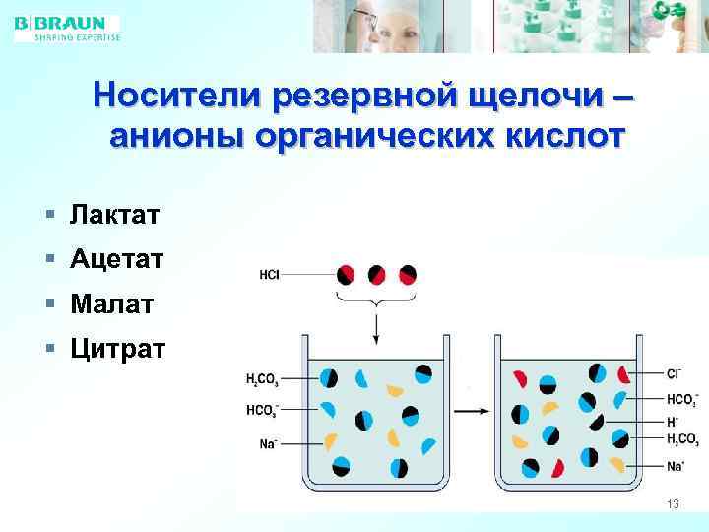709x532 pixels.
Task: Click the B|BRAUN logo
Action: (x=67, y=28)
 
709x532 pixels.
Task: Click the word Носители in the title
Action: (x=179, y=97)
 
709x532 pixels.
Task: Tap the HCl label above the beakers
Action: (x=269, y=275)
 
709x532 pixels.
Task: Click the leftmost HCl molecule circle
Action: (x=347, y=275)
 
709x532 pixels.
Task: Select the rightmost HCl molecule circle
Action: (x=406, y=275)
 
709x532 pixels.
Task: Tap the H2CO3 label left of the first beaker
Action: (x=262, y=378)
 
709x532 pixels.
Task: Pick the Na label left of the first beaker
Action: (x=267, y=443)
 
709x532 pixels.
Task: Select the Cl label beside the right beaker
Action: (x=674, y=374)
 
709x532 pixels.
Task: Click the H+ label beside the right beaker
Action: (x=672, y=420)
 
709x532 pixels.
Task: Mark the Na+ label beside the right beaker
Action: (x=675, y=465)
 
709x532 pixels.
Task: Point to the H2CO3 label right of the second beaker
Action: (x=681, y=439)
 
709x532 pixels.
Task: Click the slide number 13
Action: (x=673, y=504)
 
